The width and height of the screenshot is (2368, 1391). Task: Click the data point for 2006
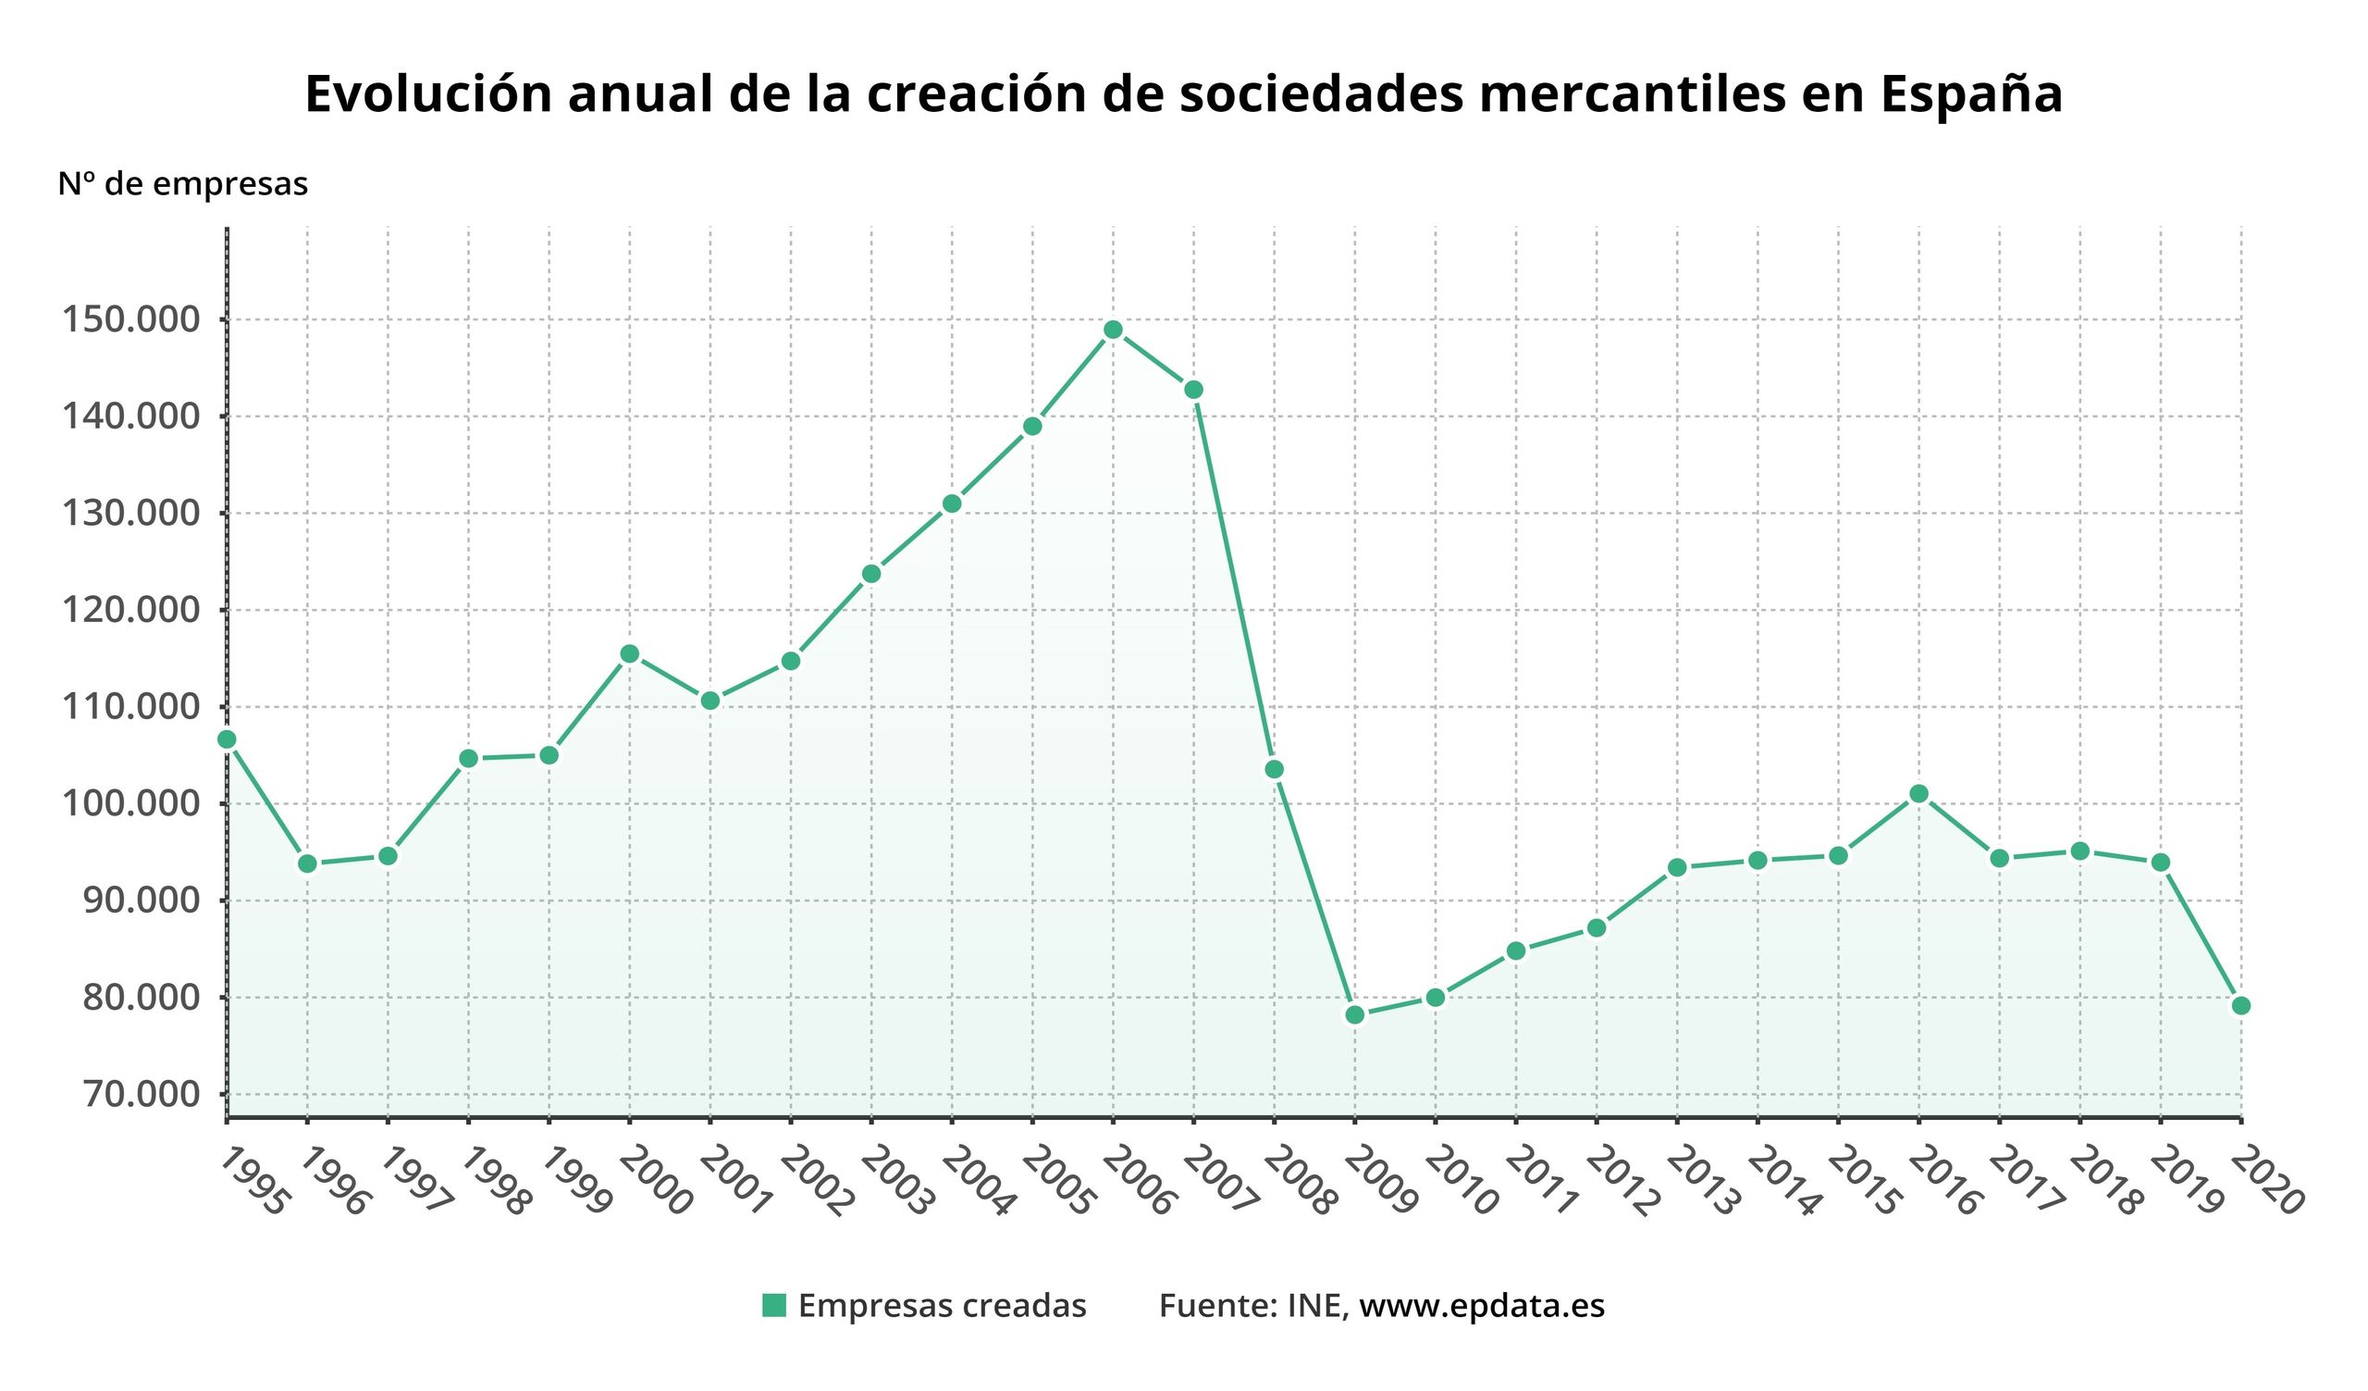[1113, 329]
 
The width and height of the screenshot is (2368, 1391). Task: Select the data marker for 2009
[1354, 1015]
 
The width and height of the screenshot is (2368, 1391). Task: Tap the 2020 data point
[2240, 1006]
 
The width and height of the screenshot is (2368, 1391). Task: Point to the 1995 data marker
[227, 739]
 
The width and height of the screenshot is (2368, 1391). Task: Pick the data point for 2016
[1918, 794]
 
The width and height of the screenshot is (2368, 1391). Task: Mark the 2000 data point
[630, 654]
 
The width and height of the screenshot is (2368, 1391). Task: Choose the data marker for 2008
[1275, 770]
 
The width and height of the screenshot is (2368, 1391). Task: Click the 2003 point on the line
[871, 574]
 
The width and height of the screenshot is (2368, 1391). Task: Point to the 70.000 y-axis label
[142, 1094]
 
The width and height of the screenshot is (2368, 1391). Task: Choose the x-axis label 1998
[493, 1181]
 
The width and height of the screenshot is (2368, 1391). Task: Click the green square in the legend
[773, 1306]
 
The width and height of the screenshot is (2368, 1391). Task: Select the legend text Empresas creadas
[942, 1306]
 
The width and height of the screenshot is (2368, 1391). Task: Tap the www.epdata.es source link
[1482, 1306]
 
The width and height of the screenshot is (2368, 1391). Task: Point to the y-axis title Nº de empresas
[182, 184]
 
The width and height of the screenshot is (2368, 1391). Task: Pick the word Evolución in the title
[428, 94]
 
